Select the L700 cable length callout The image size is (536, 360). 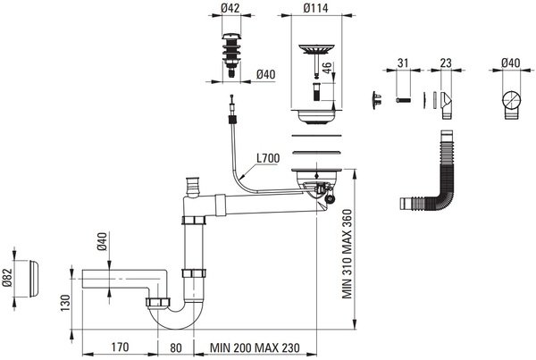point(269,158)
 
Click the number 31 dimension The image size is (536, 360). point(404,63)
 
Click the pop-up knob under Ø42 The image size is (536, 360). point(230,49)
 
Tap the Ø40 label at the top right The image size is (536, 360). point(511,63)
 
